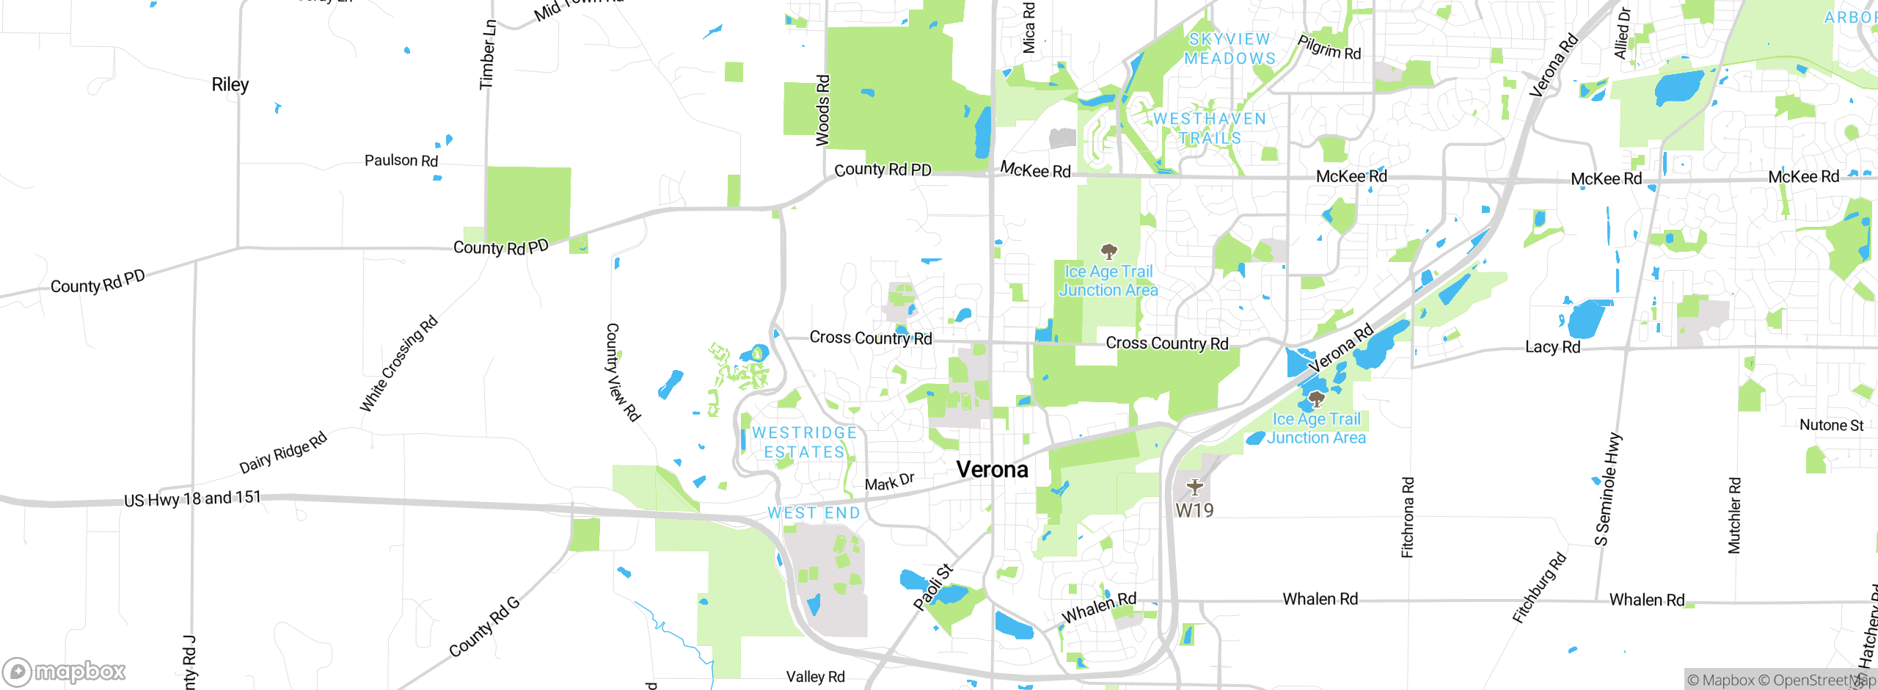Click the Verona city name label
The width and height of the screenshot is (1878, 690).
coord(992,470)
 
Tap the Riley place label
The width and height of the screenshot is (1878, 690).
coord(230,85)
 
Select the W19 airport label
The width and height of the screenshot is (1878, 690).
coord(1194,510)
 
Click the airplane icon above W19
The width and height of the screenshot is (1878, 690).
coord(1195,487)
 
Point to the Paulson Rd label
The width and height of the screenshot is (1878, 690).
coord(401,161)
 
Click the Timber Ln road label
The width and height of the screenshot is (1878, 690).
coord(487,55)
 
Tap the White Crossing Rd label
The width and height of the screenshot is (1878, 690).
coord(398,363)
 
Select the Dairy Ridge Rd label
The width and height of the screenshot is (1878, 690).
coord(283,453)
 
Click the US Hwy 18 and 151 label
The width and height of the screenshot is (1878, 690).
coord(192,499)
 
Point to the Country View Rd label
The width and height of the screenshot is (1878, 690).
coord(622,372)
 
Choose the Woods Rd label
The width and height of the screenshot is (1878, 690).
coord(823,110)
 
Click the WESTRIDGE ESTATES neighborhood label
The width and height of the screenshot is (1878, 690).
coord(805,443)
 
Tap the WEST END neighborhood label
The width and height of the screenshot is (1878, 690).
coord(814,513)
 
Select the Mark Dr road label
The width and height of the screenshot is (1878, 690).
coord(889,482)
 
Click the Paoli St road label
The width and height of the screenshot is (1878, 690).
coord(933,587)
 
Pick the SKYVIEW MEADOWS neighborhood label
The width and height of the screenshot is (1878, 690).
coord(1230,48)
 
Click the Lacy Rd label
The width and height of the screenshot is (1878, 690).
coord(1552,347)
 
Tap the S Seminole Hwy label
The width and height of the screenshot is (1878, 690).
coord(1607,490)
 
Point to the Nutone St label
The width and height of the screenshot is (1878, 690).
coord(1831,426)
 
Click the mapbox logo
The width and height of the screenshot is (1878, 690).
coord(65,671)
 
